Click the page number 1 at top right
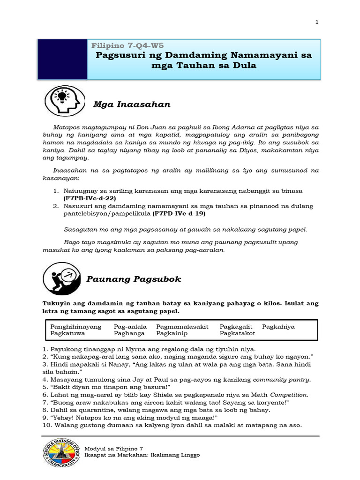317,22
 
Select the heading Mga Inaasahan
131,105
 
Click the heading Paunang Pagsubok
134,279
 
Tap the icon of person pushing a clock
64,278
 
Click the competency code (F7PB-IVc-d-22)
90,198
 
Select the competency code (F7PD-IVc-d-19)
179,213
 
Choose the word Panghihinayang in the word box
75,327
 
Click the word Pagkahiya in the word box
278,327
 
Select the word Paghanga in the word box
129,334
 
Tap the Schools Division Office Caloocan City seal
61,454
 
